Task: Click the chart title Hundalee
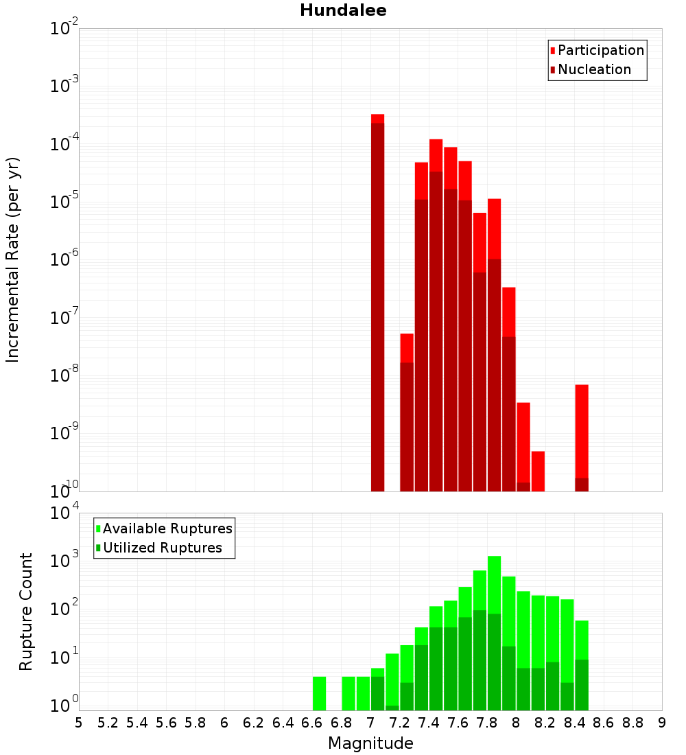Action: click(x=343, y=10)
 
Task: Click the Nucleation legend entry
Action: click(x=593, y=69)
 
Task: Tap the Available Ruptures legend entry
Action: click(x=167, y=528)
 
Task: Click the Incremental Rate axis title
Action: click(x=13, y=260)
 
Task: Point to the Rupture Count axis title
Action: click(x=26, y=612)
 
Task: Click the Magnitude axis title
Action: click(x=370, y=743)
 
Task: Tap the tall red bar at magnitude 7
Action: click(x=377, y=302)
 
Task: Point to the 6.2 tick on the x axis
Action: click(x=254, y=723)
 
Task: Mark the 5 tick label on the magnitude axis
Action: click(x=79, y=723)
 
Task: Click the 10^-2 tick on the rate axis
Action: click(x=64, y=29)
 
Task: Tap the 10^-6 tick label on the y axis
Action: click(x=64, y=260)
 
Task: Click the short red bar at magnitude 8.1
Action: click(x=538, y=471)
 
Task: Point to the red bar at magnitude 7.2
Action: click(x=407, y=412)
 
